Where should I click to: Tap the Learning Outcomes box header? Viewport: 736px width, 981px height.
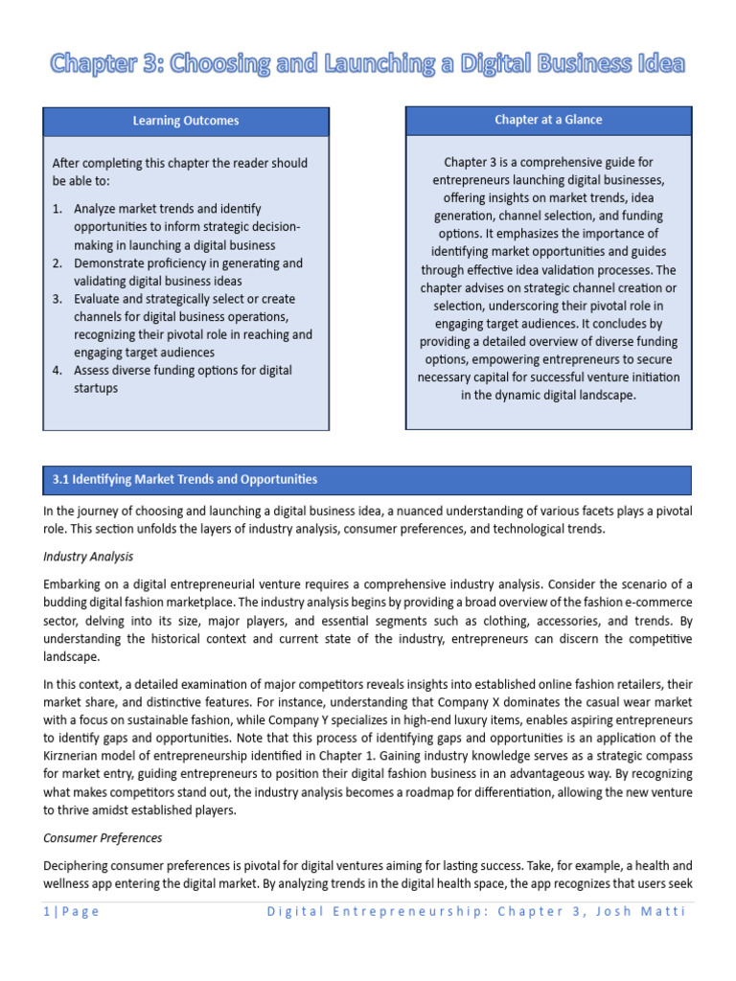tap(186, 121)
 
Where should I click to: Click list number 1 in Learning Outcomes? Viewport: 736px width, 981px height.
tap(57, 208)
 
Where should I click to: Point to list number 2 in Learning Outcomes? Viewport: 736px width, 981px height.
tap(57, 262)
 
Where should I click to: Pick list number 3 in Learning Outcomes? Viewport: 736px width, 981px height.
tap(57, 299)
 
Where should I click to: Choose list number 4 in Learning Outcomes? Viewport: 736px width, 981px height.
tap(57, 371)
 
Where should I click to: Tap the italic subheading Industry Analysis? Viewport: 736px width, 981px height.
tap(88, 557)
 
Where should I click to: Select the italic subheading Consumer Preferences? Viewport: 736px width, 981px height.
tap(103, 838)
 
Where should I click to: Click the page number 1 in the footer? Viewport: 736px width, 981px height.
tap(46, 911)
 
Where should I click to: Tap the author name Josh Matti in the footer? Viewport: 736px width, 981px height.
tap(657, 911)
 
